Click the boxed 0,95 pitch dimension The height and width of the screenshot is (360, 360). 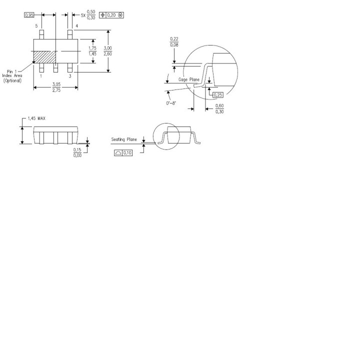pos(29,15)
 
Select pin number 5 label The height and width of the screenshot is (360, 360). pos(36,25)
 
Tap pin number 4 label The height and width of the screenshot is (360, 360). pos(76,25)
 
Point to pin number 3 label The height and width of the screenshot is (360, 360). pos(70,76)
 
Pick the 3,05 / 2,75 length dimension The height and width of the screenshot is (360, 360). pos(55,87)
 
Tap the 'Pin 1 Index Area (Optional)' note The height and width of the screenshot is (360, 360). pos(13,76)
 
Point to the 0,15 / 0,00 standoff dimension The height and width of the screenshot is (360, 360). pos(77,152)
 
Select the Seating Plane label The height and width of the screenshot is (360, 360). pos(124,139)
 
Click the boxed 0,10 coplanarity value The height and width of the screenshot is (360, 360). pos(123,152)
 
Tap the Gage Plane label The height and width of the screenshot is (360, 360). pos(189,80)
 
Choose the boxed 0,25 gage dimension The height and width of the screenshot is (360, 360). pos(217,94)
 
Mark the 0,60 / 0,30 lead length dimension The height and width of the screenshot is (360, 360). pos(219,108)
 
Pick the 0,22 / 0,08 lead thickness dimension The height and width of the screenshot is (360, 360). pos(174,42)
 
